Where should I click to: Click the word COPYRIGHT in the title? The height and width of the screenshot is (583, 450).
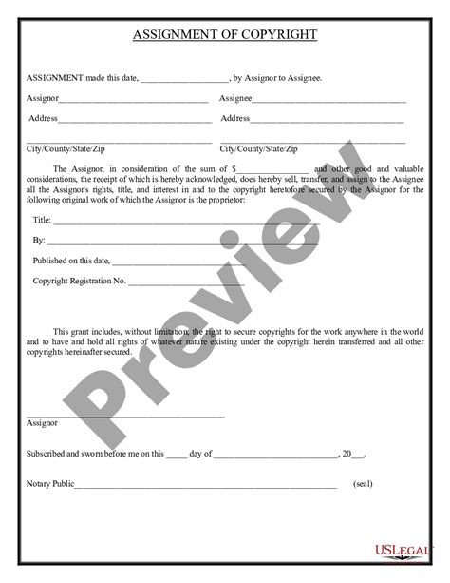(272, 35)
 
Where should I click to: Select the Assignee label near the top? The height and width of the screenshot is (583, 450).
(235, 98)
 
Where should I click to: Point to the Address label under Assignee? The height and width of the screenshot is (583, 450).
(234, 119)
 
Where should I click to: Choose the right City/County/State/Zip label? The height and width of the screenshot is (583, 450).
(258, 149)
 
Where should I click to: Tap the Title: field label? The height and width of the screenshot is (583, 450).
(43, 219)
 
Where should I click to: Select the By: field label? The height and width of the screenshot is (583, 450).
(39, 240)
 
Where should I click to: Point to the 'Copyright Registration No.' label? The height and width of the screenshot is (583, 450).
(80, 282)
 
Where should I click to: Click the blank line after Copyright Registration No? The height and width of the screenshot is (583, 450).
(185, 283)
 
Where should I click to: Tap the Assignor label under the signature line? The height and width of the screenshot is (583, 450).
(43, 422)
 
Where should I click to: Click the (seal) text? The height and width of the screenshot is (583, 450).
(363, 484)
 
